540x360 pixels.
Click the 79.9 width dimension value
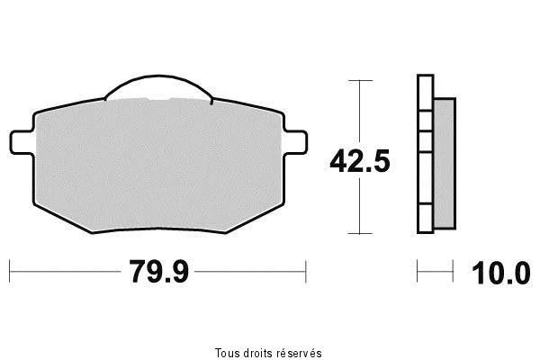pos(159,272)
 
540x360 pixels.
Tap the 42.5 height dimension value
pos(360,161)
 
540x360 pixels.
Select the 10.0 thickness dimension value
pos(501,273)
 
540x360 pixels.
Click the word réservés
pos(300,353)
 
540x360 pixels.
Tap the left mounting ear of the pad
pos(22,142)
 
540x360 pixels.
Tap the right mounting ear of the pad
pos(295,142)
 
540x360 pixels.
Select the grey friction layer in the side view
pos(445,164)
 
